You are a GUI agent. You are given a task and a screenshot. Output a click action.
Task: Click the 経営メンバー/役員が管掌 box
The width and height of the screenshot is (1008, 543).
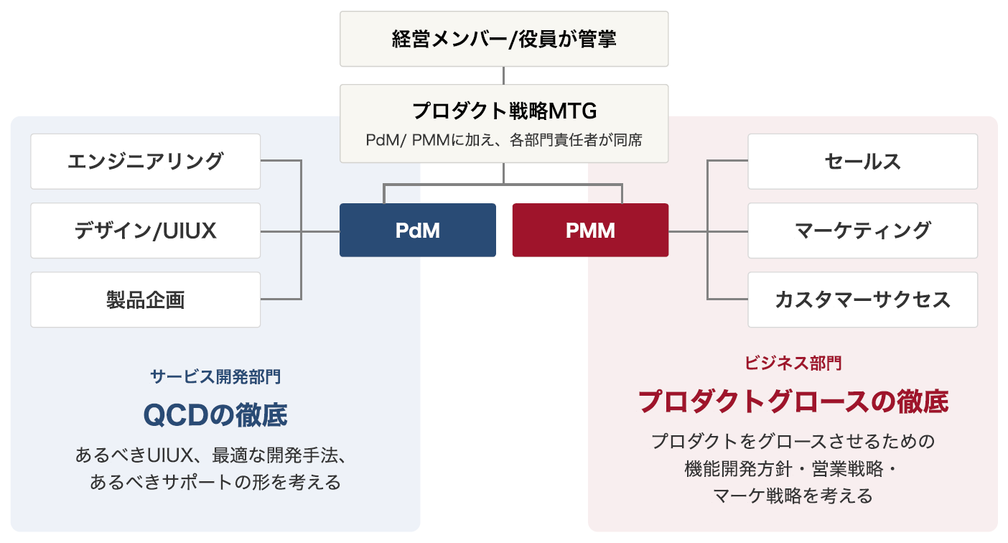504,39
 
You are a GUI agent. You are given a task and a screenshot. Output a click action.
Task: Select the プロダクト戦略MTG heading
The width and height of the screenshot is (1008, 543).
504,111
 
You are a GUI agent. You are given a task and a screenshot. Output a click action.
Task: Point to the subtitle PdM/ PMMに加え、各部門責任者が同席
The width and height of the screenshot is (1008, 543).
504,140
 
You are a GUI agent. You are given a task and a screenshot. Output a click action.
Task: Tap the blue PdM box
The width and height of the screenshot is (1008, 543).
417,231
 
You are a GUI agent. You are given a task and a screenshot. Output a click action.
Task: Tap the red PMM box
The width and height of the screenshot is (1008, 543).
590,231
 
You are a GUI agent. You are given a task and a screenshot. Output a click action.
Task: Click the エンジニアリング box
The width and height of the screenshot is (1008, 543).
145,162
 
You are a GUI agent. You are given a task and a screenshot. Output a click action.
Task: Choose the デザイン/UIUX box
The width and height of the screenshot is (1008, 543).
145,231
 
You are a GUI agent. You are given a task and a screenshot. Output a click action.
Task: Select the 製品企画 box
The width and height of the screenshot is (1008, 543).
145,300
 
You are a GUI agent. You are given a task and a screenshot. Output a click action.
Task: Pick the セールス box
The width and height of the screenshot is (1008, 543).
862,162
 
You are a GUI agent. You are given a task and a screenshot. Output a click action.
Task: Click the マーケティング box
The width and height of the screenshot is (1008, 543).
862,231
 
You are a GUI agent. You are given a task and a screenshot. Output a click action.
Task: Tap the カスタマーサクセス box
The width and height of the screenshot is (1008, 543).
862,300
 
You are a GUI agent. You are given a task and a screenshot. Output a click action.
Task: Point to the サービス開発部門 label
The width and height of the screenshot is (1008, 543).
215,376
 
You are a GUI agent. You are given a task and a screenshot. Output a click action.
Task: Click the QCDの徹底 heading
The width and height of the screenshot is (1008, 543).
215,414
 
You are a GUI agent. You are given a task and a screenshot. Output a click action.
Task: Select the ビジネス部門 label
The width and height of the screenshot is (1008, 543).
793,363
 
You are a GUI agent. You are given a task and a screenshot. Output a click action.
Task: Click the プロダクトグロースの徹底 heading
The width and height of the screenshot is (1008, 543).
793,402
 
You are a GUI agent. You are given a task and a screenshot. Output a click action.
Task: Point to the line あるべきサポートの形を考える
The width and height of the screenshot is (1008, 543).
215,482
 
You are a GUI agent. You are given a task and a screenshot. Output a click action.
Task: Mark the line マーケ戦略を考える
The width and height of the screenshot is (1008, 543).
793,495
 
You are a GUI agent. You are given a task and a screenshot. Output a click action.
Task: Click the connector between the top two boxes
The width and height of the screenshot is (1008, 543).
504,75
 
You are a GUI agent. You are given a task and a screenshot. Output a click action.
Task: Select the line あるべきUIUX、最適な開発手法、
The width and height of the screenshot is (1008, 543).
215,455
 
